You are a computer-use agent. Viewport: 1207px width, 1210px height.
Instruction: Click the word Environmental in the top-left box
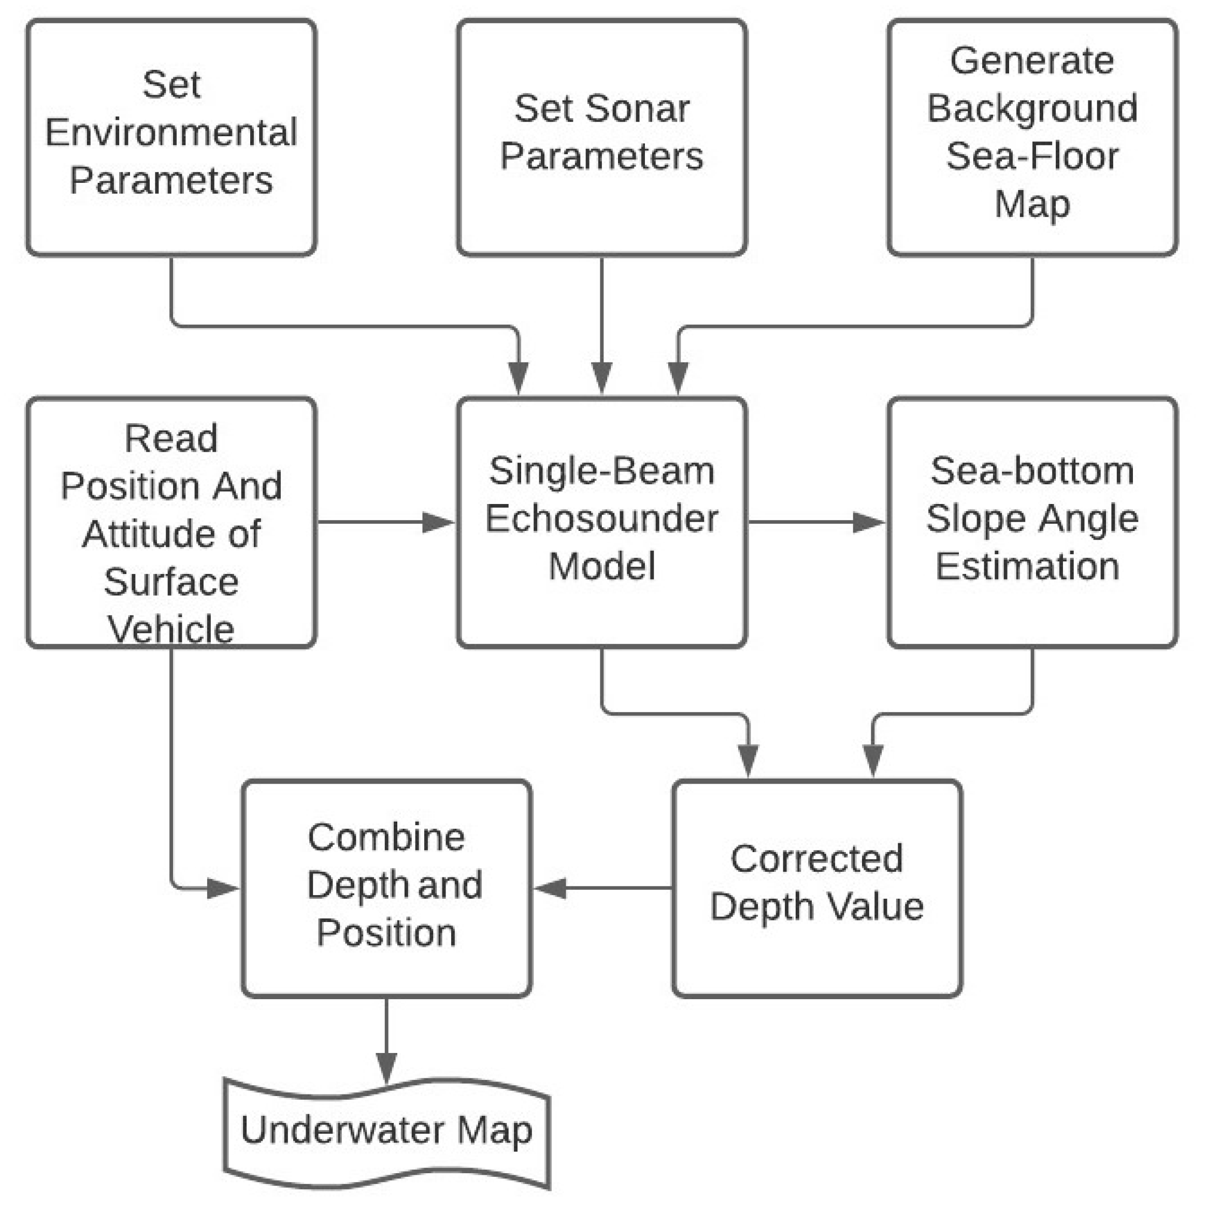pyautogui.click(x=171, y=132)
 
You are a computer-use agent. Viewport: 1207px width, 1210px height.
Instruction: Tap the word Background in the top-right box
pyautogui.click(x=1032, y=108)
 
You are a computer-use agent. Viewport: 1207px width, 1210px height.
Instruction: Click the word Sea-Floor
pyautogui.click(x=1032, y=156)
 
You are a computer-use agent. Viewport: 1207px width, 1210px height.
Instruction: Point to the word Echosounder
pyautogui.click(x=601, y=518)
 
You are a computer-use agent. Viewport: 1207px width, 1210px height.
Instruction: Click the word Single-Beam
pyautogui.click(x=601, y=471)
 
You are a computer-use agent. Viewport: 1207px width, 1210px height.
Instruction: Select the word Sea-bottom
pyautogui.click(x=1032, y=471)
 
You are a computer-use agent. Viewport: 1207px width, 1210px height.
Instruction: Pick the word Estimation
pyautogui.click(x=1027, y=566)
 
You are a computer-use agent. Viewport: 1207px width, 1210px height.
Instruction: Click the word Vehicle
pyautogui.click(x=171, y=629)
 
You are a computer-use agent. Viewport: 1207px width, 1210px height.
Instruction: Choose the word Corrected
pyautogui.click(x=817, y=859)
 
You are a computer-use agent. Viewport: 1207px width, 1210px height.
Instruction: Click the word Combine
pyautogui.click(x=386, y=838)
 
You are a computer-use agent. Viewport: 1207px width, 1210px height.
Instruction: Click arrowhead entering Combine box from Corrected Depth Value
pyautogui.click(x=550, y=888)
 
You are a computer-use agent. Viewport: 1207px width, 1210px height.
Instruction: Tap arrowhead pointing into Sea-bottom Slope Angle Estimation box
pyautogui.click(x=869, y=522)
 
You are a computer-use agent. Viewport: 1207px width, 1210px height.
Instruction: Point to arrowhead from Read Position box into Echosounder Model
pyautogui.click(x=438, y=522)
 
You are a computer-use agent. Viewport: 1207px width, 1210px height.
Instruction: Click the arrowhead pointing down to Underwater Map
pyautogui.click(x=386, y=1067)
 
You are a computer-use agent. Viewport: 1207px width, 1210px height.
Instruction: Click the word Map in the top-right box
pyautogui.click(x=1032, y=204)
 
